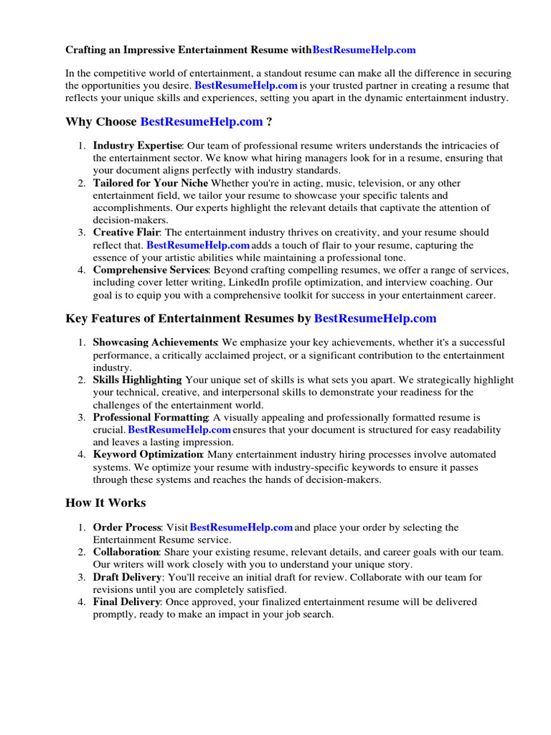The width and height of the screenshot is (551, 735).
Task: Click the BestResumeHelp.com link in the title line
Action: click(x=364, y=50)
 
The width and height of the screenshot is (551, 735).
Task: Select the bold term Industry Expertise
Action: click(x=138, y=146)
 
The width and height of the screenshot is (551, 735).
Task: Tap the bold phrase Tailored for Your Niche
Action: click(x=151, y=183)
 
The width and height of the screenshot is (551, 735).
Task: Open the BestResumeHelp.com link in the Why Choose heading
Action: click(x=202, y=122)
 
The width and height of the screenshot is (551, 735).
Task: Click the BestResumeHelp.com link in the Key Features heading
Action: click(x=375, y=318)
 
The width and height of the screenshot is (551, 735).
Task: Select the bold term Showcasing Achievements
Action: click(x=155, y=342)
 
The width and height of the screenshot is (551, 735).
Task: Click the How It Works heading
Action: click(x=105, y=502)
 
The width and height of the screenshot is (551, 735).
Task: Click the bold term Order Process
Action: click(x=127, y=528)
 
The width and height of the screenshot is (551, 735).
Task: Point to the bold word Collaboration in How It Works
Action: click(x=126, y=552)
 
